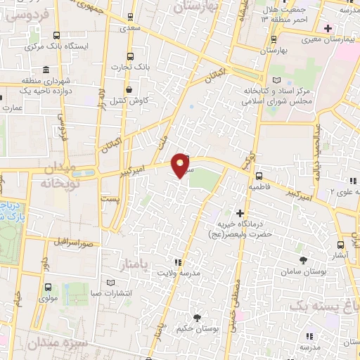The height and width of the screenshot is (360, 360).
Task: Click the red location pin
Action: (181, 164)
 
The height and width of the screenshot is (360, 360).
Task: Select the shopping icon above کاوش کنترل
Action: (129, 90)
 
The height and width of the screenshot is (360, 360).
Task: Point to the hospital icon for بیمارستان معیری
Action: (328, 28)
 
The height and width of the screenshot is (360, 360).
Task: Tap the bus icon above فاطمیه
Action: (259, 176)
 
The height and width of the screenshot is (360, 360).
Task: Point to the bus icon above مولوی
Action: (48, 287)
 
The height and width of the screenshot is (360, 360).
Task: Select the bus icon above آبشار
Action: (341, 245)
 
